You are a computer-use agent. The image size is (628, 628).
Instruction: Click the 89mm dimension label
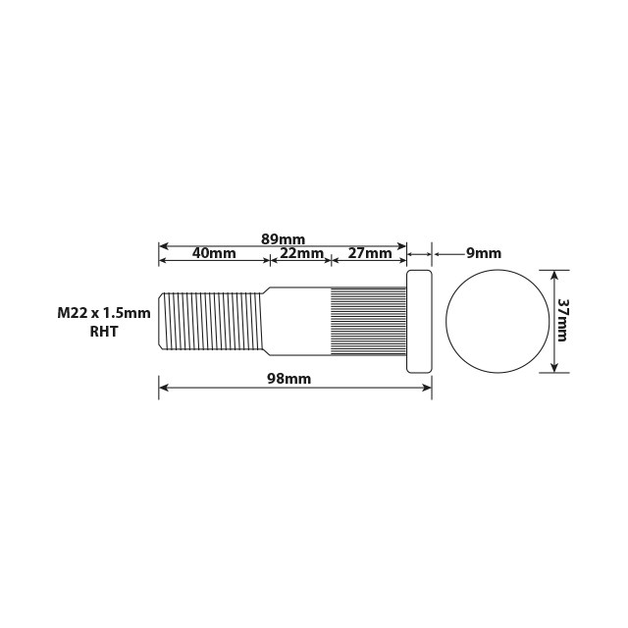[284, 239]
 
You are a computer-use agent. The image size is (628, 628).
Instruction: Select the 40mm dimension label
[214, 253]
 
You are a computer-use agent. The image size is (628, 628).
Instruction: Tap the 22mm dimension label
[301, 253]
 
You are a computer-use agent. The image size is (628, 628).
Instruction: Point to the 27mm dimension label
[370, 253]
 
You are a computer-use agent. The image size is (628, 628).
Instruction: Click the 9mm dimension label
[483, 253]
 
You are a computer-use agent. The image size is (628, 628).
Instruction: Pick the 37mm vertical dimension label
[563, 320]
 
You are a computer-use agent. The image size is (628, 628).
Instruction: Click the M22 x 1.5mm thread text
[104, 313]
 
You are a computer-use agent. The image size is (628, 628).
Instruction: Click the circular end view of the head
[497, 320]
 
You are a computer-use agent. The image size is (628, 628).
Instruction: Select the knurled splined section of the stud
[368, 320]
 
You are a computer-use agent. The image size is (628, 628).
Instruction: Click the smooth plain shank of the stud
[297, 320]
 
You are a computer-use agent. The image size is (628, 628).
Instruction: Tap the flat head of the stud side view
[419, 321]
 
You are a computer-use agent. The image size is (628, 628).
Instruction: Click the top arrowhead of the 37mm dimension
[555, 275]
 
